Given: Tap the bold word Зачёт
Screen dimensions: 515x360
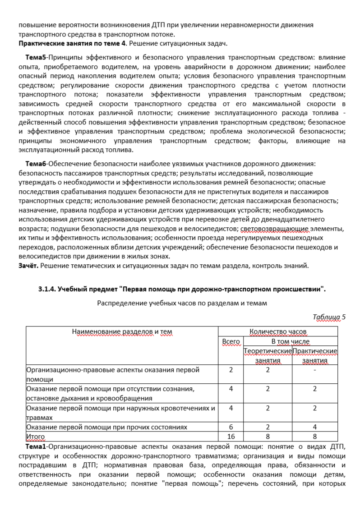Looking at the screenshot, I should point(28,265).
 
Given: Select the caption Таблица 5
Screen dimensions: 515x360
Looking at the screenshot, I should point(329,317).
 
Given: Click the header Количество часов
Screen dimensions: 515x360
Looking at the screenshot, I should point(278,332).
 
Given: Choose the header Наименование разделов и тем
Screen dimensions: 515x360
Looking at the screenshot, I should point(122,332).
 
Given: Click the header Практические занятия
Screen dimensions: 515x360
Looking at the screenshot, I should point(315,355).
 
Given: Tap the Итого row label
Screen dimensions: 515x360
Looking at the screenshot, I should point(36,437).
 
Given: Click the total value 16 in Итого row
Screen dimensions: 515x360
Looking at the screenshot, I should point(231,437).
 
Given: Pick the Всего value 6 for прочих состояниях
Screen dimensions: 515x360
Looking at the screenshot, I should point(231,427).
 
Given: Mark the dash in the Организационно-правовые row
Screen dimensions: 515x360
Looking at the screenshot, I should point(315,370).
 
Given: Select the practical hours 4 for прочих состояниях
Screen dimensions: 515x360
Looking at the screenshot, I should point(315,427).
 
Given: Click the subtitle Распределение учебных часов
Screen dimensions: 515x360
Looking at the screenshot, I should point(182,303).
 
